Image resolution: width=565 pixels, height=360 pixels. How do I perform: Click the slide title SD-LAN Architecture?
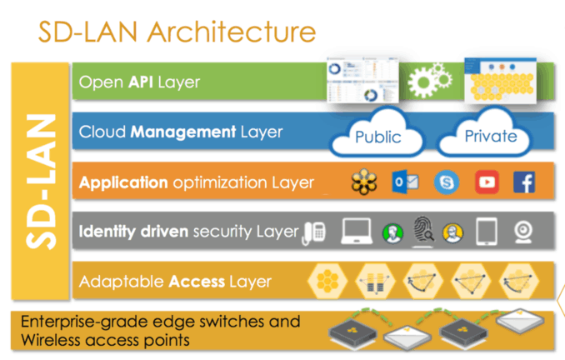click(177, 32)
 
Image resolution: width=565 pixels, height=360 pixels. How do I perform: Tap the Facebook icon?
click(523, 181)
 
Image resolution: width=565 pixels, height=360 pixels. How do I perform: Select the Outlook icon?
click(405, 181)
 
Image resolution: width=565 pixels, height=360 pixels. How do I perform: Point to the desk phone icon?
click(313, 231)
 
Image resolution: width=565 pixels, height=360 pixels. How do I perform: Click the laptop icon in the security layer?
click(357, 231)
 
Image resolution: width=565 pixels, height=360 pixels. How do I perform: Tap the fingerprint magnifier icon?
click(422, 232)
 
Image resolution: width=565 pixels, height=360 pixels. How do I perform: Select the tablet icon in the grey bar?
click(486, 231)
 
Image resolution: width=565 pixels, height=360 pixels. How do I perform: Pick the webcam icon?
click(523, 231)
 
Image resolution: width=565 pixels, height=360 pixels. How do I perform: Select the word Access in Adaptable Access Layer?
click(197, 281)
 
